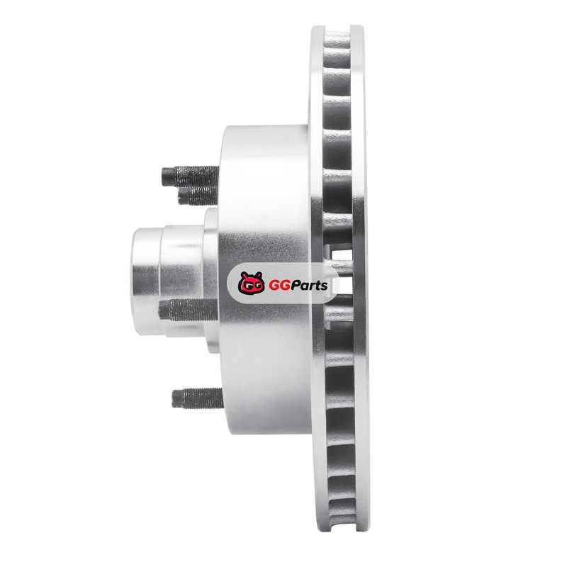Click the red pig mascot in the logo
pyautogui.click(x=251, y=283)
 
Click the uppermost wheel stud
pyautogui.click(x=190, y=176)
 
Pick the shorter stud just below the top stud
pyautogui.click(x=198, y=196)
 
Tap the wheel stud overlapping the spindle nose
pyautogui.click(x=189, y=310)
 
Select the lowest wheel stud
pyautogui.click(x=198, y=398)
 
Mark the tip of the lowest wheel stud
pyautogui.click(x=172, y=398)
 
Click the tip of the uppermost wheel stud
pyautogui.click(x=162, y=176)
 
